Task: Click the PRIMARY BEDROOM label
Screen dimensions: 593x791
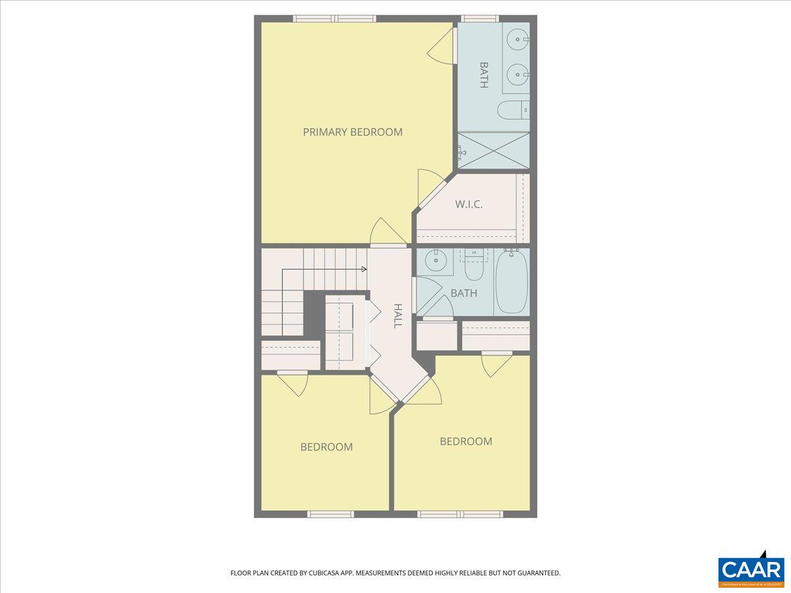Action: click(353, 132)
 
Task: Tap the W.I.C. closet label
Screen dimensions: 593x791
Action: click(469, 204)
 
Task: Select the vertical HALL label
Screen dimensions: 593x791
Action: click(397, 316)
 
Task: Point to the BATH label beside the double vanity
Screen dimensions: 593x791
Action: click(483, 75)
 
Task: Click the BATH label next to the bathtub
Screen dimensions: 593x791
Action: click(463, 293)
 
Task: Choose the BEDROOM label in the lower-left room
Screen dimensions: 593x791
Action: click(326, 447)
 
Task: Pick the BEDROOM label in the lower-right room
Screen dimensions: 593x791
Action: click(466, 441)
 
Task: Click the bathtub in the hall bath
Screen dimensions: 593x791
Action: click(512, 282)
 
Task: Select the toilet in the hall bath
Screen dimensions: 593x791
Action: click(474, 267)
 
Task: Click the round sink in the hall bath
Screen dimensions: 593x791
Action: click(434, 262)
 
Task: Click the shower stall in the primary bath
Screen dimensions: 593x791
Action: click(494, 150)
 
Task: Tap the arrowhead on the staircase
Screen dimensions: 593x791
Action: click(364, 269)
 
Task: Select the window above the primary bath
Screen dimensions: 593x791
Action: click(479, 19)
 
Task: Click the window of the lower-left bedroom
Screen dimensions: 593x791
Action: click(330, 514)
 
